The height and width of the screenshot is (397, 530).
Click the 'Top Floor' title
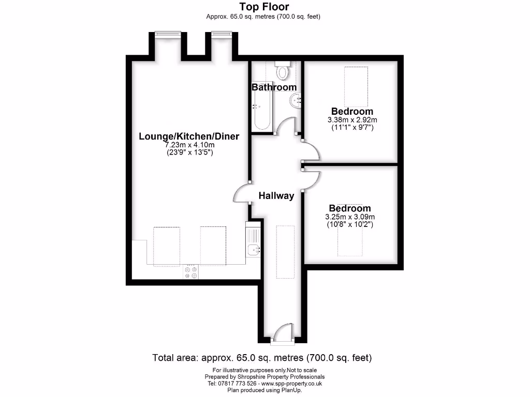(x=264, y=7)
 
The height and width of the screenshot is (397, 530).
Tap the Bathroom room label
(x=274, y=87)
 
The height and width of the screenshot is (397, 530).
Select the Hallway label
(x=276, y=196)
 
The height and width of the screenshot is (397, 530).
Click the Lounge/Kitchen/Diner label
(x=189, y=136)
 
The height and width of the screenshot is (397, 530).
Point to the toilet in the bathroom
(x=283, y=70)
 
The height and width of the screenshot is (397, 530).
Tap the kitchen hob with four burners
(x=190, y=272)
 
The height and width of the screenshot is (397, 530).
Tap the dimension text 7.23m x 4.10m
(x=189, y=145)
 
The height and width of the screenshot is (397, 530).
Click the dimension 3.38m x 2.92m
(x=352, y=120)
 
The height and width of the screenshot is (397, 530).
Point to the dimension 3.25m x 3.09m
(x=350, y=217)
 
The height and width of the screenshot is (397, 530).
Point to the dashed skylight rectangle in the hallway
(x=285, y=252)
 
